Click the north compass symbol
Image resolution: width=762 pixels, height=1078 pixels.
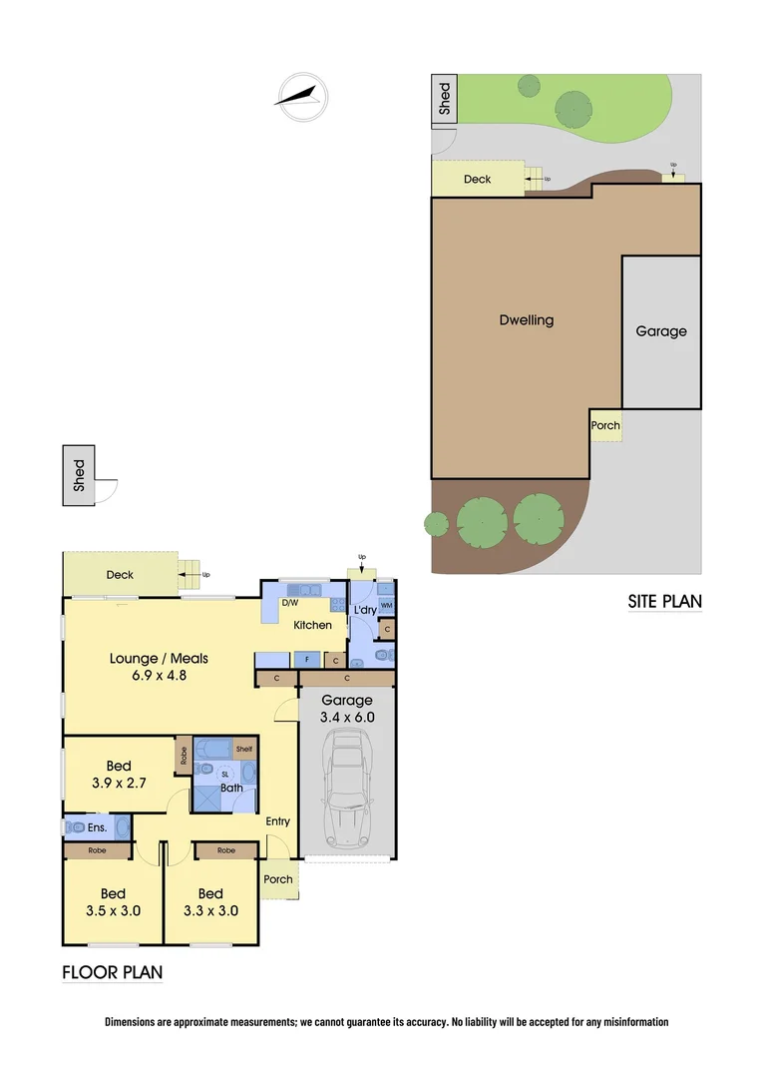click(301, 97)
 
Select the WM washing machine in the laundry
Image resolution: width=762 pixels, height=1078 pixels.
click(386, 606)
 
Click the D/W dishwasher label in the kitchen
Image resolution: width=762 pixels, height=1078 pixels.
click(290, 604)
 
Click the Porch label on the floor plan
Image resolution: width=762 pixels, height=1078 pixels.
click(278, 878)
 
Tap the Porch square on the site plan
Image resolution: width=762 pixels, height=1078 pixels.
click(605, 425)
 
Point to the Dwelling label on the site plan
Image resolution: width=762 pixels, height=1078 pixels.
click(526, 320)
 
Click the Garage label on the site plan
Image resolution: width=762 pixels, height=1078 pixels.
click(661, 331)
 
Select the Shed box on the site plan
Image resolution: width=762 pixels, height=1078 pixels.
click(444, 99)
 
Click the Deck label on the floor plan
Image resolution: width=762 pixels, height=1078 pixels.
click(120, 575)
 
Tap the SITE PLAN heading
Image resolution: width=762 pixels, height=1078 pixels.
click(664, 601)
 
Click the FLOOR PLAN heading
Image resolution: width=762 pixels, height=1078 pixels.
click(113, 972)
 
